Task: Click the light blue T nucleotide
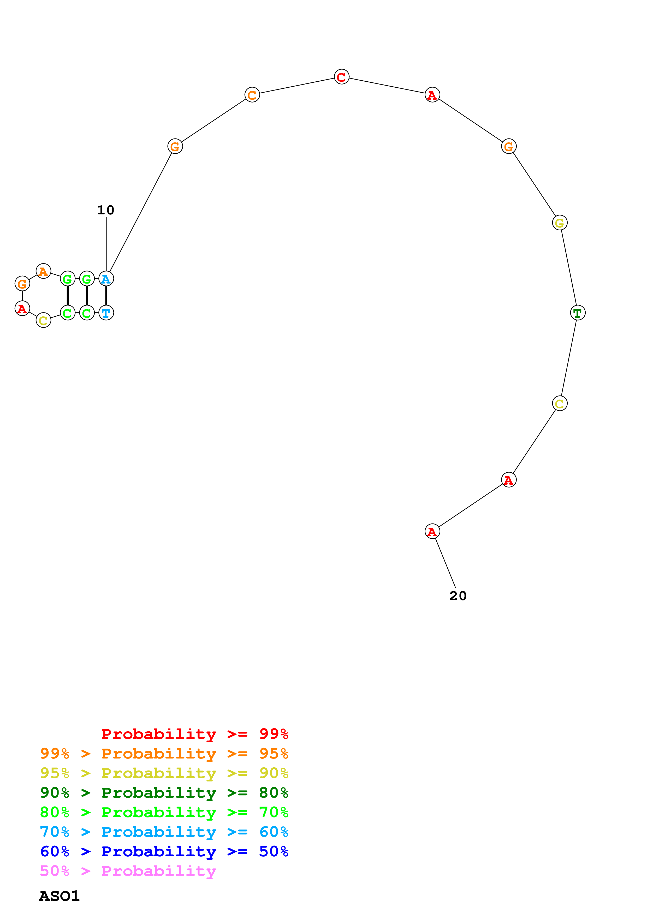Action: tap(106, 313)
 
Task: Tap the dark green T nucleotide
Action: tap(578, 313)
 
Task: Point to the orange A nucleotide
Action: tap(43, 271)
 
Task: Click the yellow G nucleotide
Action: tap(560, 223)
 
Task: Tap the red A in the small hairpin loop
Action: tap(22, 309)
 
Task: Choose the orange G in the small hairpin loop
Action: tap(22, 284)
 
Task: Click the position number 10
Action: tap(106, 210)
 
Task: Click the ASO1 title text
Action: tap(60, 896)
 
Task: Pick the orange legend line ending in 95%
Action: tap(164, 754)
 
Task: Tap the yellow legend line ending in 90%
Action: tap(164, 773)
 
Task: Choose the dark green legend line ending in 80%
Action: tap(164, 793)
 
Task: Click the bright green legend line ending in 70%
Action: tap(164, 812)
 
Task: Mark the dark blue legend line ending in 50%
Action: tap(164, 851)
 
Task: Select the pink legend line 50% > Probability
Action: tap(128, 871)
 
